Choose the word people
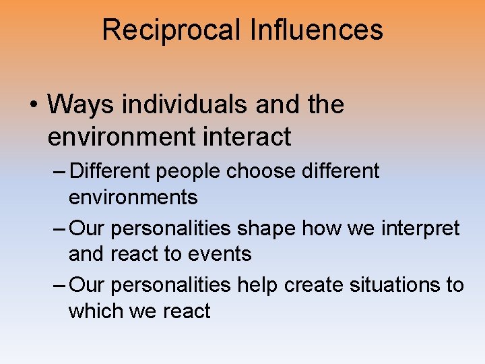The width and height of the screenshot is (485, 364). coord(189,172)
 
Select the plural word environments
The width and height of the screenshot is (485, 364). coord(133,198)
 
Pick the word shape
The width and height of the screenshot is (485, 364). coord(265,229)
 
